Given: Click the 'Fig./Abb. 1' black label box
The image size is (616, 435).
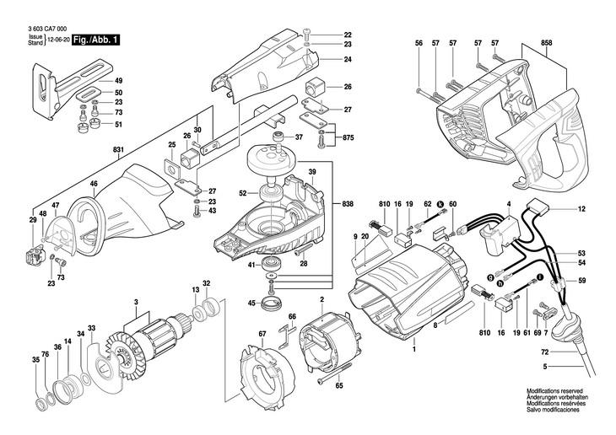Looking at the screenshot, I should [x=95, y=40].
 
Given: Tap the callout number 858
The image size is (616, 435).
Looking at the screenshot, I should [x=546, y=42].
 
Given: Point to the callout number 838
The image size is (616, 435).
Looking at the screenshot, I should [x=349, y=204].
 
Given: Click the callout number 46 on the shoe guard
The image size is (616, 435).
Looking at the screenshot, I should [x=94, y=183].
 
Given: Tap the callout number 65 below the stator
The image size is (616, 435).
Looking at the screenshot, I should [x=339, y=385].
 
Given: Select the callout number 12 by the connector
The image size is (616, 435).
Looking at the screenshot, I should [x=581, y=208].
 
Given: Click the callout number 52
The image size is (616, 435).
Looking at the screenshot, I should [x=242, y=193].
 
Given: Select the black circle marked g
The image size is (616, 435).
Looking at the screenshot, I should [x=489, y=277].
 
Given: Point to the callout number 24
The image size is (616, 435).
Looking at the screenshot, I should [x=348, y=60].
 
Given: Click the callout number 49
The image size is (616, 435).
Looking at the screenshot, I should [x=118, y=79].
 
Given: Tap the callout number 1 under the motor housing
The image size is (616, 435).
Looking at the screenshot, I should [x=414, y=345].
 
